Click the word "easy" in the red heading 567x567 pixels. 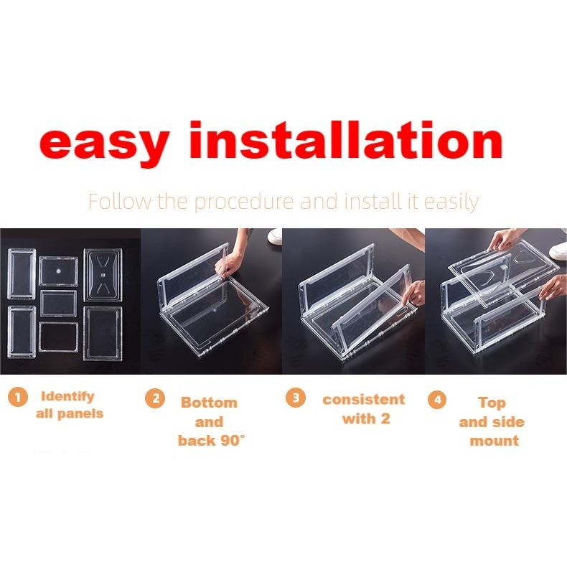point(105,144)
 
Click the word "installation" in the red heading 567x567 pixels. point(346,139)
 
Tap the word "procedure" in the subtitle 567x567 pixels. point(244,202)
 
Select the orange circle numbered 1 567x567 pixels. point(17,397)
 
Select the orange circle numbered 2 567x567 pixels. point(155,398)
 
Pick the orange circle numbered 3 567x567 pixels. point(296,398)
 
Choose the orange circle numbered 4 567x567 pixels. point(437,399)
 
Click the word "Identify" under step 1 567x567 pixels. point(67,397)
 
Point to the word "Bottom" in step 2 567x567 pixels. point(209,403)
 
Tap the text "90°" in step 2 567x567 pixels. point(231,441)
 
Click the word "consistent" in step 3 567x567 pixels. point(363,400)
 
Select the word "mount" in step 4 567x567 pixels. point(494,441)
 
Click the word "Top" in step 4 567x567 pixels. point(492,403)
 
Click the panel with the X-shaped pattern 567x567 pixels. point(103,275)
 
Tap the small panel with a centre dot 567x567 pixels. point(59,271)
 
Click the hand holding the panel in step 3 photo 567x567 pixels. point(415,292)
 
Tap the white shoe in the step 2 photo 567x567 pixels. point(275,238)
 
